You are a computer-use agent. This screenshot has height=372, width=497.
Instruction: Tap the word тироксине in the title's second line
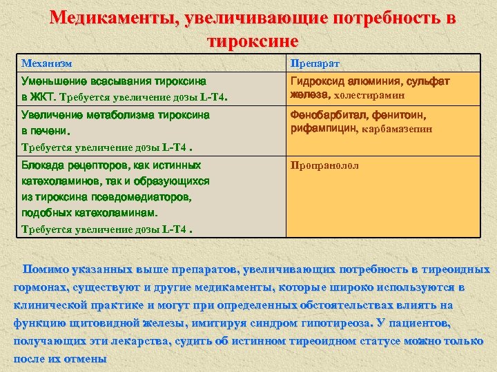coord(253,41)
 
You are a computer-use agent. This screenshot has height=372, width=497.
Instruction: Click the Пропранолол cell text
coord(324,166)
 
